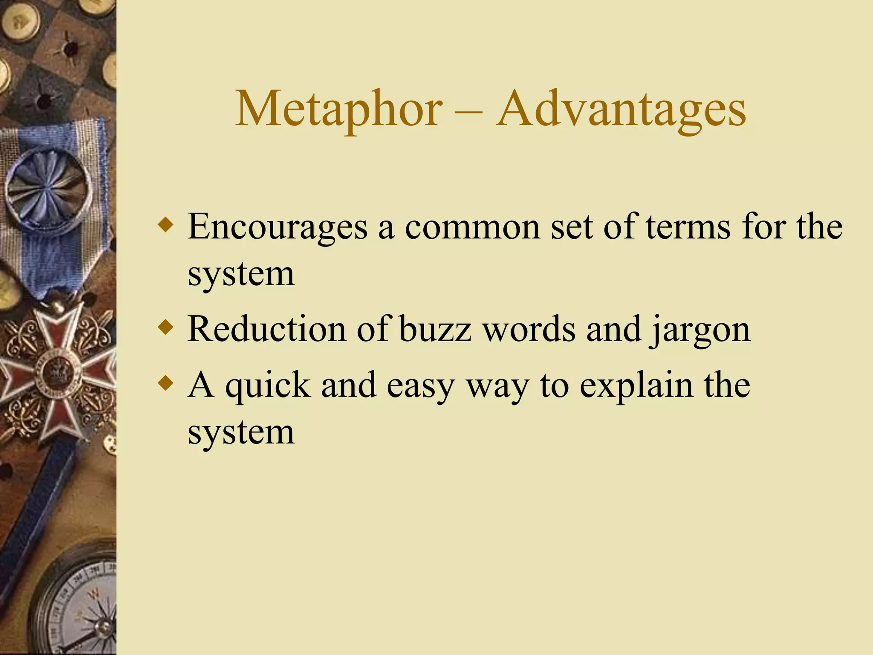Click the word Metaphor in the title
pyautogui.click(x=339, y=110)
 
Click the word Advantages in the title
pyautogui.click(x=621, y=110)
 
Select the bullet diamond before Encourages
pyautogui.click(x=165, y=225)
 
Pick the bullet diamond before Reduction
pyautogui.click(x=165, y=328)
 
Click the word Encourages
pyautogui.click(x=277, y=227)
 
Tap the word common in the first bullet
pyautogui.click(x=472, y=227)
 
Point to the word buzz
pyautogui.click(x=435, y=329)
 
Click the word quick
pyautogui.click(x=268, y=385)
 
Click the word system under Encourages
pyautogui.click(x=241, y=274)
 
